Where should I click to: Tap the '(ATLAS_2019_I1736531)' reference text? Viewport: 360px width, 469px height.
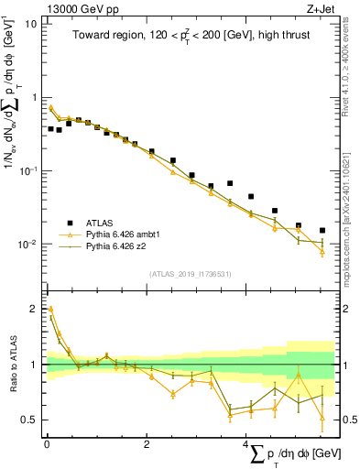point(189,273)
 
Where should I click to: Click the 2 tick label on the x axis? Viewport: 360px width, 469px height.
point(147,443)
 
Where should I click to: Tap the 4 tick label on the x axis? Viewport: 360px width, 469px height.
point(246,443)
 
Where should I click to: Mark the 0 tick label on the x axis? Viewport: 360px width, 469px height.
point(47,443)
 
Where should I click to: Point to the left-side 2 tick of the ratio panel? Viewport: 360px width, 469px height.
point(32,309)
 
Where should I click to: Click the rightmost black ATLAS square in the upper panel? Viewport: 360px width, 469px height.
point(322,231)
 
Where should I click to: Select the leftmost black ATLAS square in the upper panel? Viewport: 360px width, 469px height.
point(50,129)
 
